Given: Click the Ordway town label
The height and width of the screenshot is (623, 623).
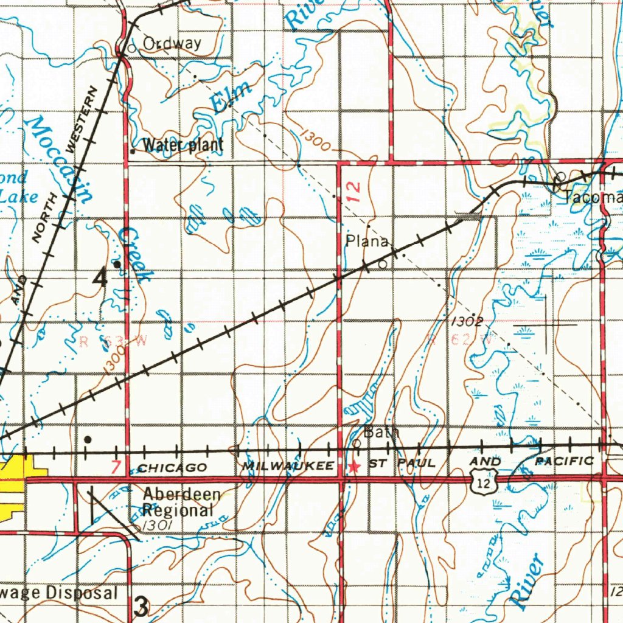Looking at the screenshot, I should click(x=172, y=43).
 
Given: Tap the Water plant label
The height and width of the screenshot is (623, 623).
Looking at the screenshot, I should click(x=183, y=145).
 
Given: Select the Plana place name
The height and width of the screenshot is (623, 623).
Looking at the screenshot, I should click(x=367, y=242).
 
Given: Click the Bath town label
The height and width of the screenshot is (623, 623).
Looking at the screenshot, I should click(x=381, y=433).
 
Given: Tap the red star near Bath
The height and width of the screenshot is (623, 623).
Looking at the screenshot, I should click(x=353, y=467).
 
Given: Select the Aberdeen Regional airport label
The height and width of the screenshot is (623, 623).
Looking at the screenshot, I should click(x=181, y=502).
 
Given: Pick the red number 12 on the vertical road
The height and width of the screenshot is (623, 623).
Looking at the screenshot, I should click(x=355, y=193).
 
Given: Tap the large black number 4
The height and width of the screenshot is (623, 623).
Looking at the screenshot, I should click(x=100, y=278).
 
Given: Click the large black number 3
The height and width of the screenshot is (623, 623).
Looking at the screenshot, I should click(x=141, y=606).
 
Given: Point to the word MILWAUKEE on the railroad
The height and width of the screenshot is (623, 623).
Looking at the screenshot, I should click(x=288, y=466).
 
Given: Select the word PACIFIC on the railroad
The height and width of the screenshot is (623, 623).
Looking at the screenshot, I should click(x=563, y=462).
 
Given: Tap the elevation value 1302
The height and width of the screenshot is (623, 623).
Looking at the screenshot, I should click(x=467, y=321).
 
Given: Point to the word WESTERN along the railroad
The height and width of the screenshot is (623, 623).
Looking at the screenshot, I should click(x=82, y=119).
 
